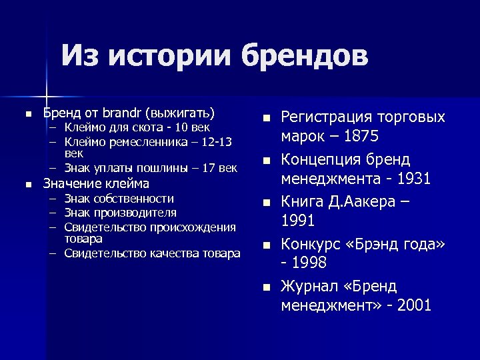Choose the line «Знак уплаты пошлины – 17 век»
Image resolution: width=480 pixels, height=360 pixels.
click(x=151, y=168)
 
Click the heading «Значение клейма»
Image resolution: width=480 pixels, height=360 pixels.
click(x=96, y=183)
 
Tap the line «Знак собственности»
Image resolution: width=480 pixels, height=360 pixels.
click(x=119, y=198)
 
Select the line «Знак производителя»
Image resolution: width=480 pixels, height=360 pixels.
click(x=121, y=213)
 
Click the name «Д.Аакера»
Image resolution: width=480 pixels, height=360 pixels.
click(x=361, y=201)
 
